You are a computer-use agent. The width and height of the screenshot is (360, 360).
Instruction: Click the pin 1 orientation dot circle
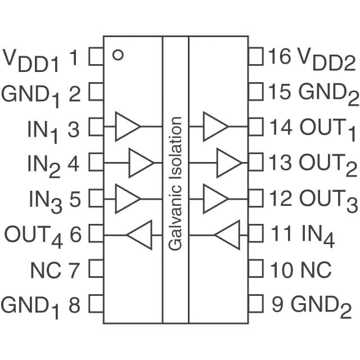[x=118, y=55]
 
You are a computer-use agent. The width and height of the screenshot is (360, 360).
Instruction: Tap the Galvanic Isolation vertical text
[x=175, y=183]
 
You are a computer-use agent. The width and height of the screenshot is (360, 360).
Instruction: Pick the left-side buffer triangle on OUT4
[x=139, y=235]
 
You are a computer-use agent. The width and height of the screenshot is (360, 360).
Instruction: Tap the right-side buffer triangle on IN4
[x=228, y=235]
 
